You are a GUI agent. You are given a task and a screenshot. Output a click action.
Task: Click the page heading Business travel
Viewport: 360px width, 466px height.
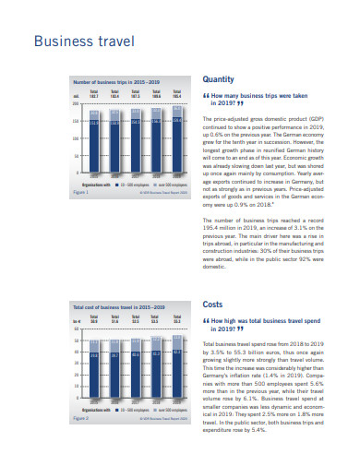click(x=84, y=42)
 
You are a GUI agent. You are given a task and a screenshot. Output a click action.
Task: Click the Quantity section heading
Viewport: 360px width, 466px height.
click(x=218, y=78)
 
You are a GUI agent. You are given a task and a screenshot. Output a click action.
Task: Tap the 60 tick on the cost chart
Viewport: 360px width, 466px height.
click(x=76, y=329)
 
